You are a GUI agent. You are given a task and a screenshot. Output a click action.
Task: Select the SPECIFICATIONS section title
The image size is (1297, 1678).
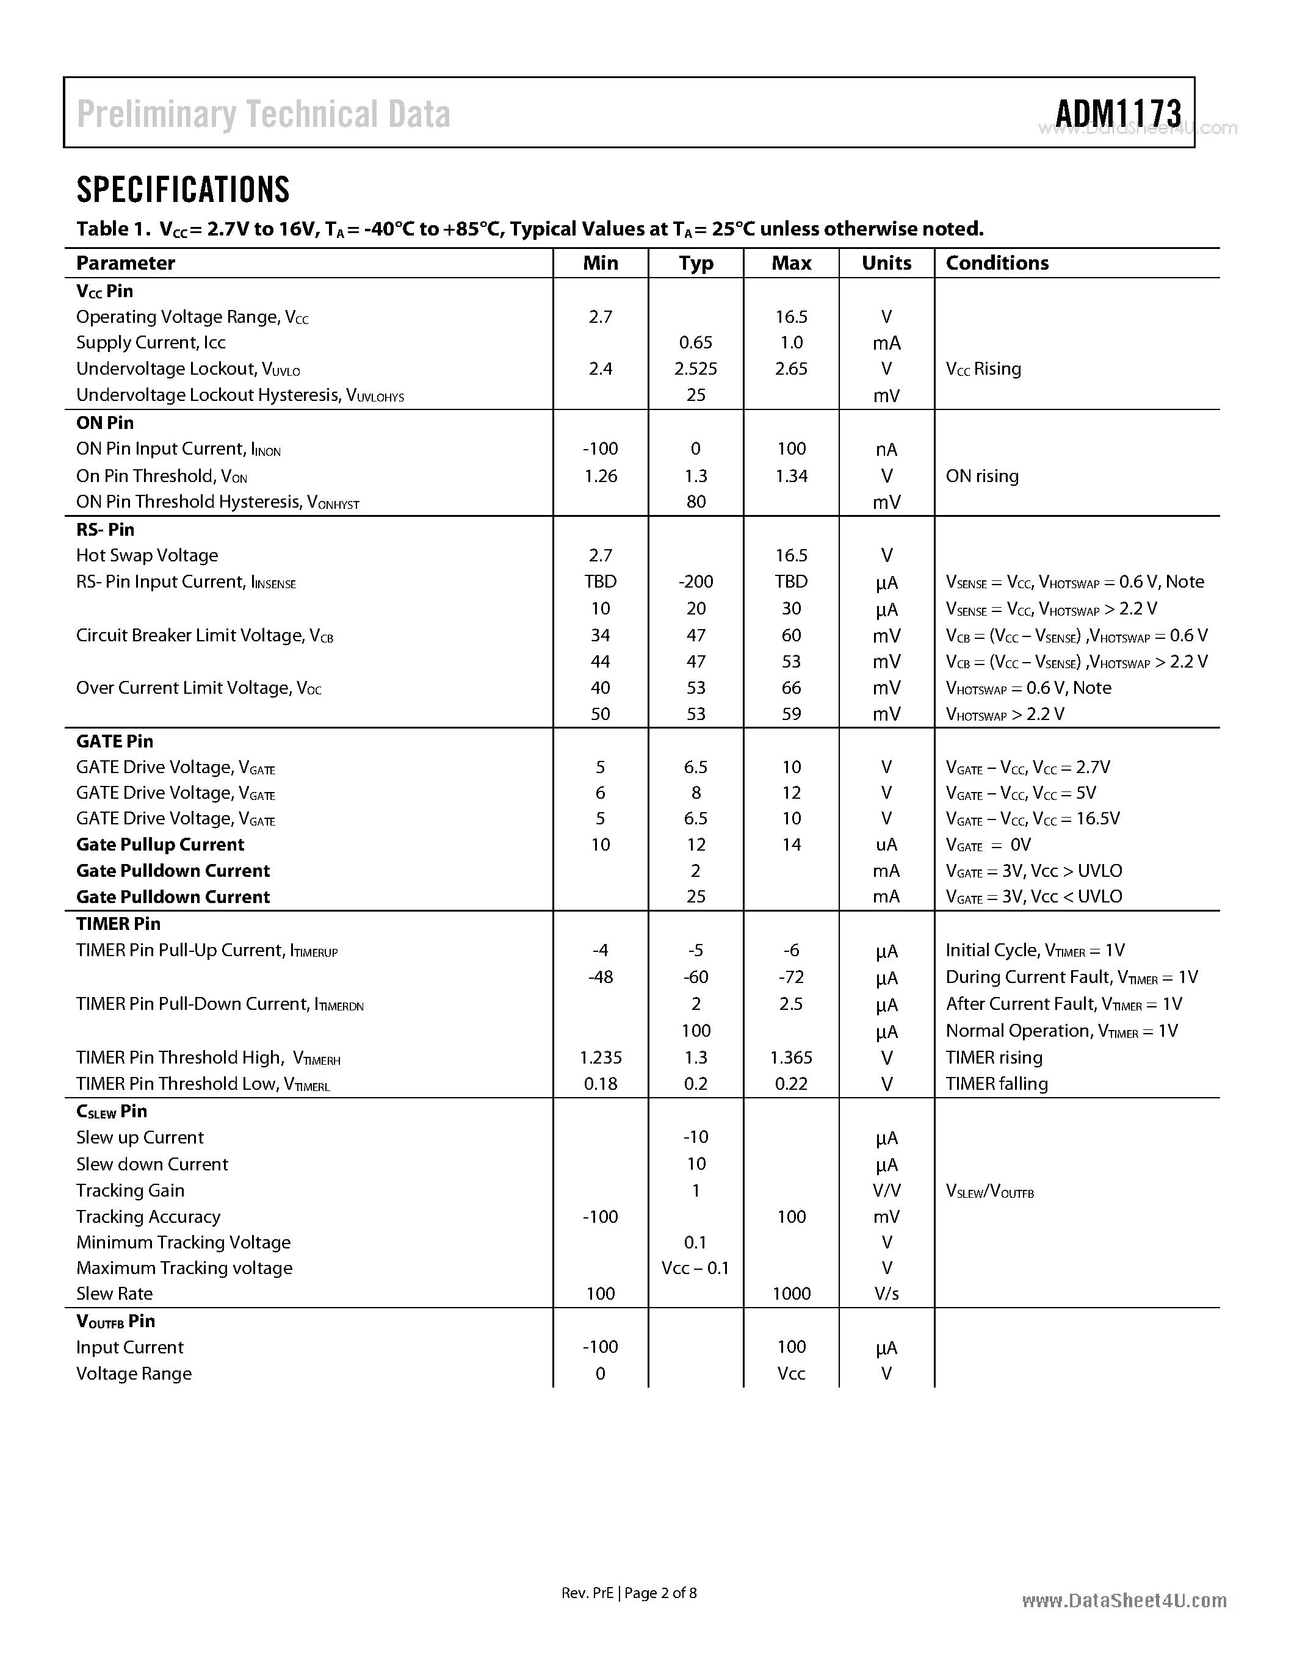tap(183, 190)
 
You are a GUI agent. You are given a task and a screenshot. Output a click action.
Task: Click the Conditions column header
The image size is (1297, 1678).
tap(997, 263)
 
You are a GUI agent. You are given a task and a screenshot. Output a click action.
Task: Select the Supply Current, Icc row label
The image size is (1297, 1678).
tap(151, 343)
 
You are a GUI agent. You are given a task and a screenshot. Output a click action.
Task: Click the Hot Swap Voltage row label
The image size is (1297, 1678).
tap(146, 555)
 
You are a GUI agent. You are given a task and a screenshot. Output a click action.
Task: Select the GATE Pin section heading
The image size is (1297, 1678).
tap(115, 741)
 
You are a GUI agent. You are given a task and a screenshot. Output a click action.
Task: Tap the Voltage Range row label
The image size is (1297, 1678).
tap(134, 1374)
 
